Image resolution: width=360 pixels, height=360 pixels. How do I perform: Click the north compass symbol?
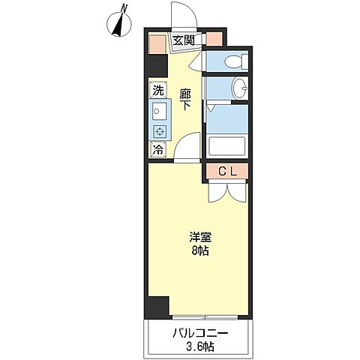click(119, 23)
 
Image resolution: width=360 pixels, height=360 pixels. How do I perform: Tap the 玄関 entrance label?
click(184, 40)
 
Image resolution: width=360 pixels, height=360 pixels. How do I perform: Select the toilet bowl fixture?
click(235, 61)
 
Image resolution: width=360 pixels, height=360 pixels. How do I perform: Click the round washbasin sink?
click(240, 88)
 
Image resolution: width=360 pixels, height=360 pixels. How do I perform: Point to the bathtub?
click(227, 146)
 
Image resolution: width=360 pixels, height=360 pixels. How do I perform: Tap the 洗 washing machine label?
click(159, 90)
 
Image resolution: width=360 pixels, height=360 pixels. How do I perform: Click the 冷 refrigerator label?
click(158, 149)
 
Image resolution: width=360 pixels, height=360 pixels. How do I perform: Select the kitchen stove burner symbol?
click(160, 131)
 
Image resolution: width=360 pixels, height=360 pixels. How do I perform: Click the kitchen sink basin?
click(160, 111)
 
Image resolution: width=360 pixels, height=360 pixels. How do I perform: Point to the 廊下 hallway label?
click(185, 100)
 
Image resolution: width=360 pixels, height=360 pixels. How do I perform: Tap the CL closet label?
click(227, 172)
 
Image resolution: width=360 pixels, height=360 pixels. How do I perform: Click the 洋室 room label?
click(200, 238)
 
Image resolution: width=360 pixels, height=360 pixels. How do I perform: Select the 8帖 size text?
click(200, 250)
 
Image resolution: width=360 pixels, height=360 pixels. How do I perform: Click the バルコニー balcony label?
click(200, 334)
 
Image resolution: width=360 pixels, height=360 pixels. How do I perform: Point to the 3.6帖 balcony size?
click(200, 347)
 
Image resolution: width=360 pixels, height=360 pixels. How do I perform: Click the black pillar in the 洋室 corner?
click(158, 307)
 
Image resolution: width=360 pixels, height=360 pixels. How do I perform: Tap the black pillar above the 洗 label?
click(157, 65)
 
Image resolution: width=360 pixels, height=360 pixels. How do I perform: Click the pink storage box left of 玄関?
click(157, 43)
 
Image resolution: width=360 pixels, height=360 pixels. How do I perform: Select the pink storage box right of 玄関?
click(214, 39)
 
